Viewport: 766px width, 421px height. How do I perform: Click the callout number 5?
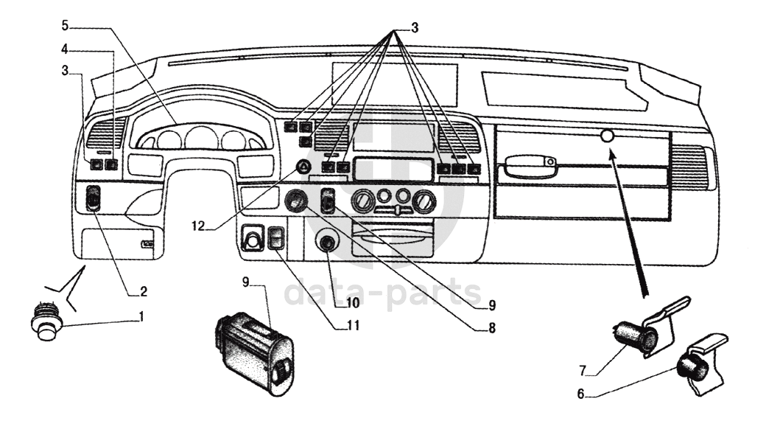(x=65, y=25)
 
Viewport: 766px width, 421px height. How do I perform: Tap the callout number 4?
(x=65, y=49)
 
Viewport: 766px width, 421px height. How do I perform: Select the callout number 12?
(x=198, y=226)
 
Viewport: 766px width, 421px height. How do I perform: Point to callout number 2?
(x=143, y=291)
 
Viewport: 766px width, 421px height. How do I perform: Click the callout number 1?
(x=141, y=317)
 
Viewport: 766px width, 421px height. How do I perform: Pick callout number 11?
(x=354, y=325)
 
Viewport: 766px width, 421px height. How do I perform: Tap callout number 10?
(x=354, y=303)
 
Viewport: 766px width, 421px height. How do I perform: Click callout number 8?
(x=492, y=328)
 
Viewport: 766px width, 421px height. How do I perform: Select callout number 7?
(x=583, y=371)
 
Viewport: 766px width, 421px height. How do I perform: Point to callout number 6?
(x=581, y=394)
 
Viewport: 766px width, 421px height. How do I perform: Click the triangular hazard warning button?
(x=303, y=168)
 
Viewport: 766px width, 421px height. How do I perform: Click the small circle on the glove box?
(x=607, y=136)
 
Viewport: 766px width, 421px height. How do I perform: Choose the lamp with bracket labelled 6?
(x=702, y=362)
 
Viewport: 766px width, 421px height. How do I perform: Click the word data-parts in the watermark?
(x=382, y=292)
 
